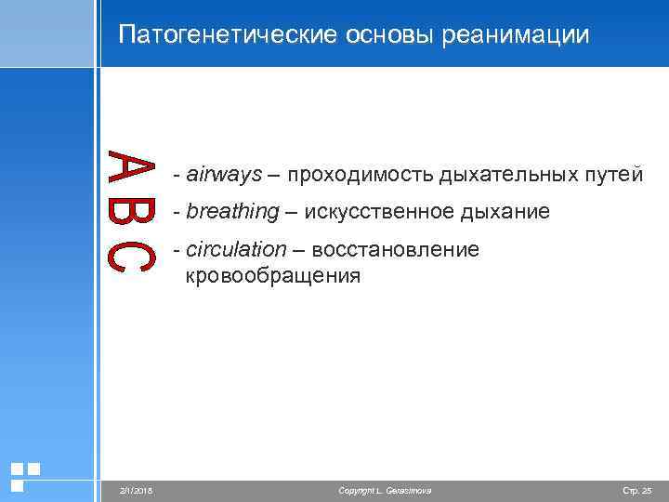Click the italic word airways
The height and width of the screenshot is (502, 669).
[x=224, y=174]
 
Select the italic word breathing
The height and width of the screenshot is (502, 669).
[x=232, y=213]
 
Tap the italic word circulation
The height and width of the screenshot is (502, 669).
[x=237, y=250]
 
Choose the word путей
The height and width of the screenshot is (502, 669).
[x=613, y=174]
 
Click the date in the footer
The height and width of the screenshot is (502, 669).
[x=135, y=490]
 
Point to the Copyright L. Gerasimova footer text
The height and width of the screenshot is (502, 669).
[x=385, y=490]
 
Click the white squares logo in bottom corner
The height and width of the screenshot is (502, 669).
[x=24, y=475]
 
